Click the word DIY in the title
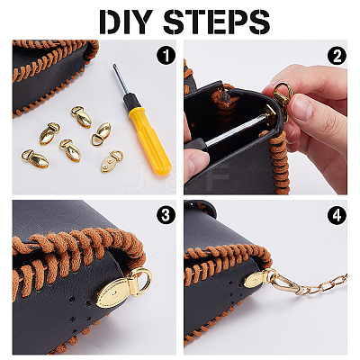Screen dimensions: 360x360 tap(125, 22)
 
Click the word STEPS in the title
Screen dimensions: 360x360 tap(216, 22)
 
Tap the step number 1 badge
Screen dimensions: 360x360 tap(166, 56)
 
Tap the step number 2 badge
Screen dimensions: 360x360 tap(337, 56)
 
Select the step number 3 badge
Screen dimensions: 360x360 tap(166, 215)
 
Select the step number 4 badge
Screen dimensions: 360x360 tap(337, 215)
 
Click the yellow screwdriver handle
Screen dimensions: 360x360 tap(150, 140)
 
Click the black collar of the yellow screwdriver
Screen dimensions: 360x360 tap(131, 102)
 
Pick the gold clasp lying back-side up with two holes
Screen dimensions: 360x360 tap(109, 161)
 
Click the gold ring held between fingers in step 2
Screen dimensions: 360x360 tap(282, 92)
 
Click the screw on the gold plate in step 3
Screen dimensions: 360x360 tap(116, 292)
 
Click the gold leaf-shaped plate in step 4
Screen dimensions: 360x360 tap(256, 280)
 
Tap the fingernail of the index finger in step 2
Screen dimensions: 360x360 tap(302, 107)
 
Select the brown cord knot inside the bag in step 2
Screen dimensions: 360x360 tap(222, 96)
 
